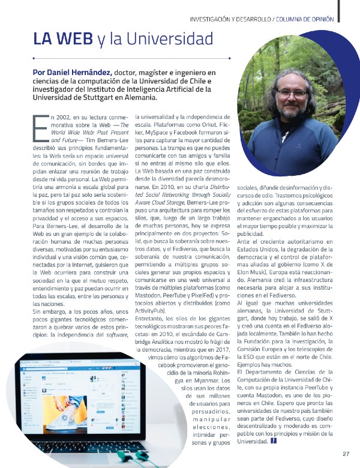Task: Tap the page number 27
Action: coord(346,453)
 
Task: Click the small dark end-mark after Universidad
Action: coord(274,442)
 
